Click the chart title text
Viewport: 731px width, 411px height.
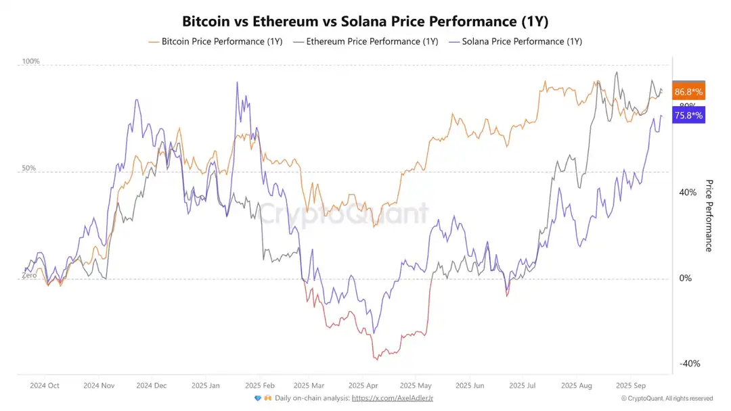tap(365, 22)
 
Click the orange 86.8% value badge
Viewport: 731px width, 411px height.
tap(688, 92)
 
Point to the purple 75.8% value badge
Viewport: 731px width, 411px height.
tap(688, 116)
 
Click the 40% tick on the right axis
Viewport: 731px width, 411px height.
tap(688, 193)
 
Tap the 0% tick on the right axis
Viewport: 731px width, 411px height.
tap(686, 279)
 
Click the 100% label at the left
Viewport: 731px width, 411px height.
tap(31, 62)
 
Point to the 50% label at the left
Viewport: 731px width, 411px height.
tap(28, 168)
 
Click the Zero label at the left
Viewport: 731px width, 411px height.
tap(29, 275)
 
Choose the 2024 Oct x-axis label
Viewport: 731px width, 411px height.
tap(45, 385)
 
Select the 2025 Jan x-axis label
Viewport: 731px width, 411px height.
tap(205, 385)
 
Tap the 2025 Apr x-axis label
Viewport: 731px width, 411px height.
tap(363, 385)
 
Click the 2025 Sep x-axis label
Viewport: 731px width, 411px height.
tap(630, 385)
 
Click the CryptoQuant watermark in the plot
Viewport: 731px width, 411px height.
tap(344, 214)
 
